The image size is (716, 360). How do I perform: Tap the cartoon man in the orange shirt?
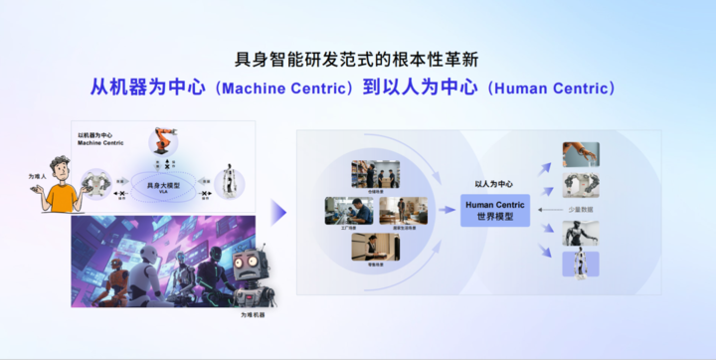coord(62,187)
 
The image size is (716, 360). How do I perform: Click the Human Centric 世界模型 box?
coord(494,210)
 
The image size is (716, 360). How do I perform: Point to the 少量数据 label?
coord(581,210)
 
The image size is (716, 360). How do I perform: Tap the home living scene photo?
coord(389,211)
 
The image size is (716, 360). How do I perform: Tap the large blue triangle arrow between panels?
coord(279,211)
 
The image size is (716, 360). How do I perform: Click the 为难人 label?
coord(37,176)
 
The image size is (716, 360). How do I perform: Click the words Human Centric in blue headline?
coord(552,89)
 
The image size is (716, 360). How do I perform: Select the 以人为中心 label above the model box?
coord(493,183)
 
